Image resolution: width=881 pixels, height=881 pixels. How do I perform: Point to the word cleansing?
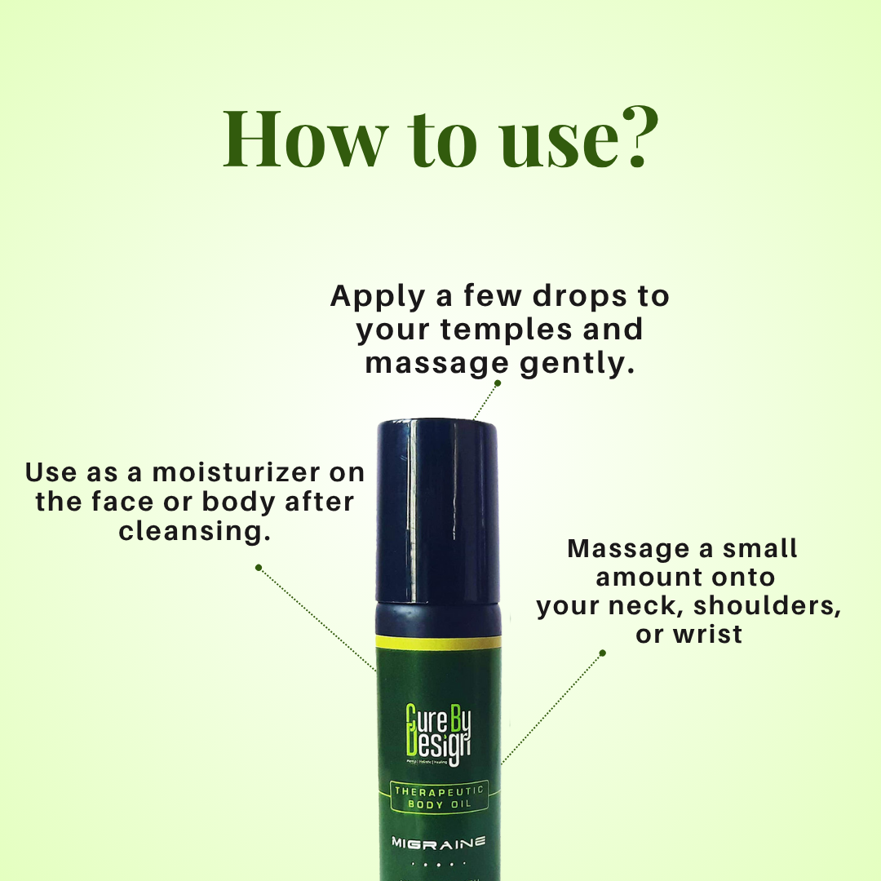click(194, 531)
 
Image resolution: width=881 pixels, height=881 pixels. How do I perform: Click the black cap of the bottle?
click(436, 506)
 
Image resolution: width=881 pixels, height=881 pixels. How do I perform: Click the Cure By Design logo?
click(439, 734)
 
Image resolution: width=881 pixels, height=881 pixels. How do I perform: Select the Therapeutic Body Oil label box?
click(439, 797)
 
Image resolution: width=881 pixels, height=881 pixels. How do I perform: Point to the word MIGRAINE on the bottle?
click(439, 841)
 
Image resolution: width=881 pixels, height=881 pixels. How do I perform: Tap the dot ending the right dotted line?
click(603, 653)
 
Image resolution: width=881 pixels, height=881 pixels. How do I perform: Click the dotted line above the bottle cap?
click(487, 400)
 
